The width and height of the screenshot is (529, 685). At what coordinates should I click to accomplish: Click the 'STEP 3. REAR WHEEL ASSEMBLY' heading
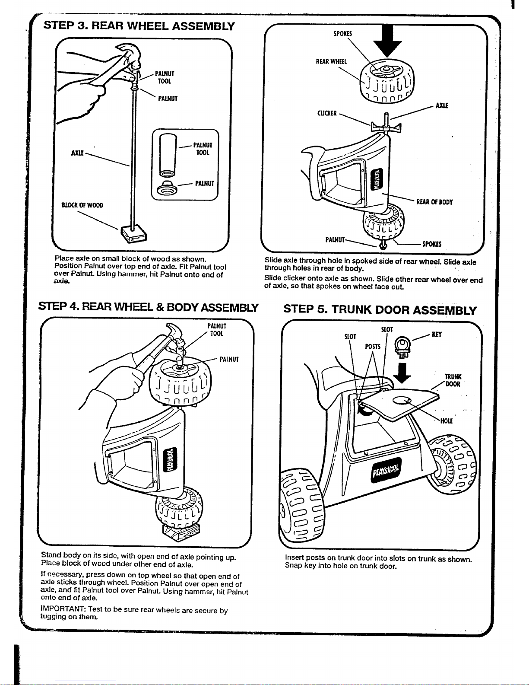(x=139, y=26)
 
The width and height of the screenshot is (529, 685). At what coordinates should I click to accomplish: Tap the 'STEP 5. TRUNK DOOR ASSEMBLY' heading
(x=380, y=309)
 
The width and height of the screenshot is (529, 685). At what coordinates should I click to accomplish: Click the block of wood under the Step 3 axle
(x=133, y=234)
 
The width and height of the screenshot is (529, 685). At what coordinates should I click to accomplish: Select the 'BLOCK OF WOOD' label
(x=82, y=205)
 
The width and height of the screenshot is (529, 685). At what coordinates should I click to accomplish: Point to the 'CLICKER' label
(x=327, y=113)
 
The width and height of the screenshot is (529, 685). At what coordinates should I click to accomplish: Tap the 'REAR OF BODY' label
(x=434, y=202)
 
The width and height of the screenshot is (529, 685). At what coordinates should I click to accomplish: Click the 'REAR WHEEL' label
(x=331, y=61)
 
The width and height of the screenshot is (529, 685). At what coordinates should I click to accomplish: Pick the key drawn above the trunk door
(x=402, y=347)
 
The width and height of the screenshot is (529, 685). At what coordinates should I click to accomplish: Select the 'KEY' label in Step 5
(x=437, y=335)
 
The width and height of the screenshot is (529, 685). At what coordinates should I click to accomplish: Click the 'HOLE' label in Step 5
(x=446, y=421)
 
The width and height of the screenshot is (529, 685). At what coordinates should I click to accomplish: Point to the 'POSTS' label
(x=373, y=347)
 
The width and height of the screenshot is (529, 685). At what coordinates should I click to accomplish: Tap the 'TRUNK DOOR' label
(x=453, y=380)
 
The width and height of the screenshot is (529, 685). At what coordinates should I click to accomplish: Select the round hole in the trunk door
(x=401, y=401)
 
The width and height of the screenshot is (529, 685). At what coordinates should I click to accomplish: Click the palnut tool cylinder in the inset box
(x=168, y=155)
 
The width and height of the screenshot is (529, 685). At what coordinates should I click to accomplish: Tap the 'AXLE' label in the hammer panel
(x=77, y=153)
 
